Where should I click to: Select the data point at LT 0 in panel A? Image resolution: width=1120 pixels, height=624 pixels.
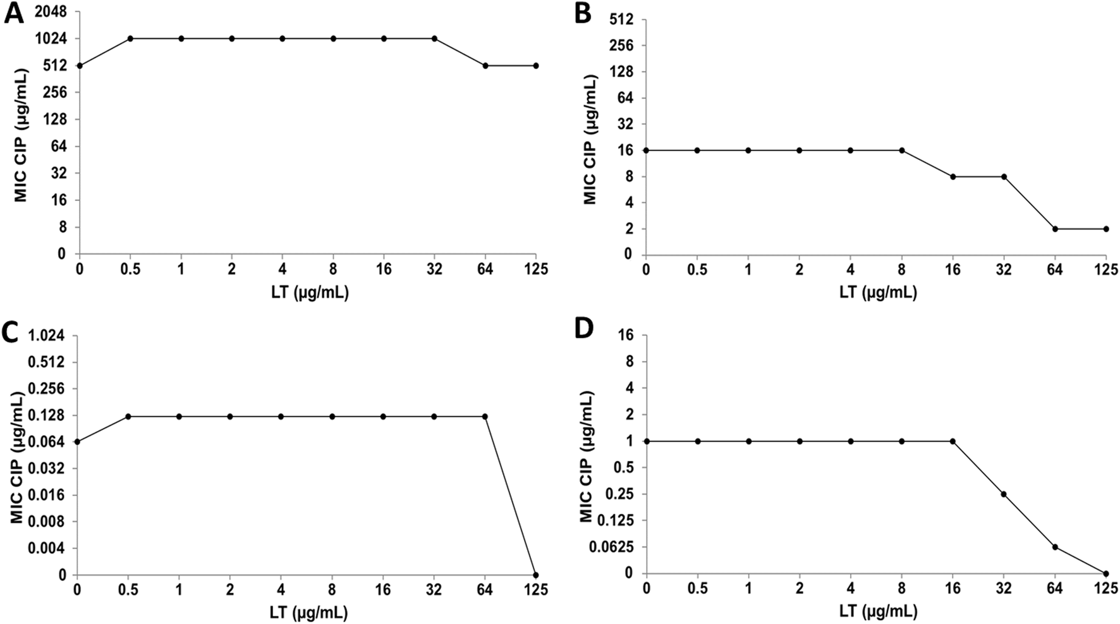coord(79,66)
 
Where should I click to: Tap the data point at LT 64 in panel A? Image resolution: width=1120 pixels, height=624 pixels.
coord(485,66)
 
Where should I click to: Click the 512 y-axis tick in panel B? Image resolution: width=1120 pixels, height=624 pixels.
coord(623,19)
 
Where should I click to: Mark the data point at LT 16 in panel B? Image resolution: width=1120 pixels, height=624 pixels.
coord(953,176)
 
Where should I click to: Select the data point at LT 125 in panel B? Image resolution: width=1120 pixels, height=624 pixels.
coord(1106,229)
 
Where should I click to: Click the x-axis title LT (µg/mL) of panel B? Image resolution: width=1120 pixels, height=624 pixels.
coord(878,292)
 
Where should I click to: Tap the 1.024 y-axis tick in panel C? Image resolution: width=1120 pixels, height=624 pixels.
coord(48,335)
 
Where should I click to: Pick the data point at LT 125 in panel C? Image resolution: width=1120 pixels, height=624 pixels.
coord(536,575)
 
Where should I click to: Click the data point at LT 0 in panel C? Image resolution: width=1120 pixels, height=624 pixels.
coord(77,441)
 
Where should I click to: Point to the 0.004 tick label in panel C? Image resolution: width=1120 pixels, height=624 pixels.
coord(48,548)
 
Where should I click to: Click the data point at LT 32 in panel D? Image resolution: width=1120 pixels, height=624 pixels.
coord(1004,494)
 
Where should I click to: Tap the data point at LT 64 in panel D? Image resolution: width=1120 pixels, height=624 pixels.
coord(1055,547)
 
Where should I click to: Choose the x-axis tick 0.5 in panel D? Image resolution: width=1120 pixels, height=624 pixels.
coord(697,589)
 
